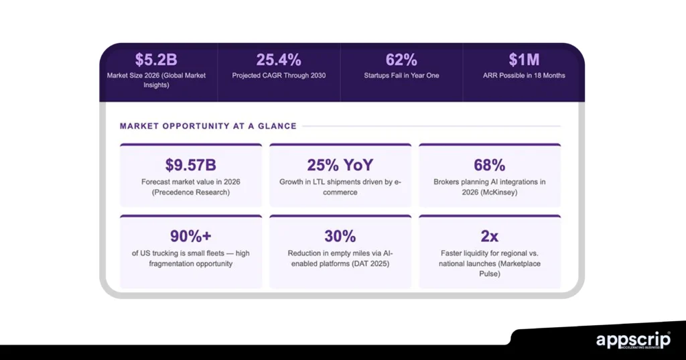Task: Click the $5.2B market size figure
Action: [156, 60]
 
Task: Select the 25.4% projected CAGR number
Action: [279, 60]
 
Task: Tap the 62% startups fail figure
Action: [402, 60]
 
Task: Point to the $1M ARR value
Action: [524, 60]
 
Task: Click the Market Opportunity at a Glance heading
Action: [208, 126]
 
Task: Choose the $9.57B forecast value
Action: [190, 165]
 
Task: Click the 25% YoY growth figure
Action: [340, 165]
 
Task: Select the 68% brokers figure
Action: [489, 165]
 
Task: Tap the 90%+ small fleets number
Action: [190, 236]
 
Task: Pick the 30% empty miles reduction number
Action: [340, 236]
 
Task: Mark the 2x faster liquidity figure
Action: [489, 236]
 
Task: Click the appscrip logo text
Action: [632, 339]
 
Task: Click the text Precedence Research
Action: [191, 192]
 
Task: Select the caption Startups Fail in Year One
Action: [402, 76]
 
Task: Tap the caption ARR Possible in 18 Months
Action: [524, 76]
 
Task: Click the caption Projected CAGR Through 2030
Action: [279, 76]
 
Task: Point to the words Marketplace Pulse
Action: [506, 263]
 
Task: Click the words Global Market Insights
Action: [157, 80]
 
